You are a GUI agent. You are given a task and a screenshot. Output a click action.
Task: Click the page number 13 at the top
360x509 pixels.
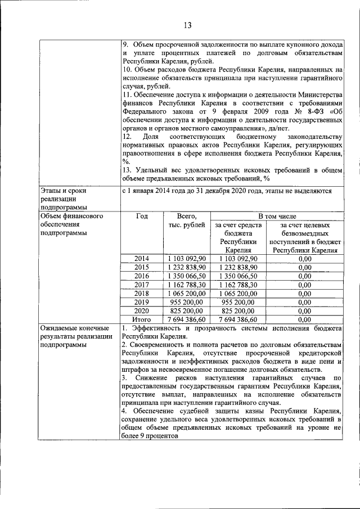tap(187, 25)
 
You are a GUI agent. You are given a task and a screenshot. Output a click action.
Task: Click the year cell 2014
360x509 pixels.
tap(142, 258)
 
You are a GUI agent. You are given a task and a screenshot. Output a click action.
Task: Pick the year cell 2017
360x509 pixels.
tap(142, 285)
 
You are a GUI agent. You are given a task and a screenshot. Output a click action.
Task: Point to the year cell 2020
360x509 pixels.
tap(142, 310)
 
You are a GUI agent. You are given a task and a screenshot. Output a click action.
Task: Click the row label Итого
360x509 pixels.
tap(142, 319)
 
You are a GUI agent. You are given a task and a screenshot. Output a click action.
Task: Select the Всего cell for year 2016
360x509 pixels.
tap(186, 276)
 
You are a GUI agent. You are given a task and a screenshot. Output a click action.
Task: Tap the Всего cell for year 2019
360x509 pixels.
tap(186, 302)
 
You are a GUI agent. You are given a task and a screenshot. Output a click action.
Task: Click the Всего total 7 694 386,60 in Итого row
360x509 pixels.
tap(186, 319)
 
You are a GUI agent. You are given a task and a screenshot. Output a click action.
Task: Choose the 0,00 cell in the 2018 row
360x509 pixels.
tap(305, 294)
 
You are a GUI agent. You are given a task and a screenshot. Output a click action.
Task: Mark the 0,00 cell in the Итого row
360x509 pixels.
tap(305, 319)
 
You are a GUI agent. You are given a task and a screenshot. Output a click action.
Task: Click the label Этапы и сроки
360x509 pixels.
tap(62, 191)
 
